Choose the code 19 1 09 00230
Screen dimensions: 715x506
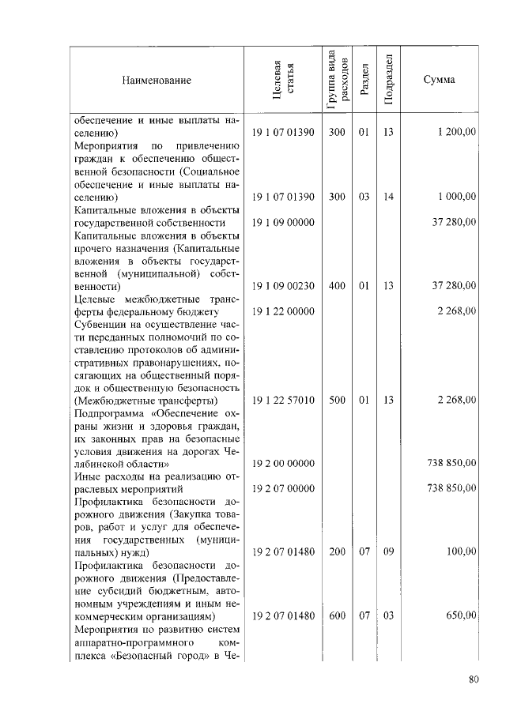(x=283, y=286)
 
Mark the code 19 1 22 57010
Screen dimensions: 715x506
(x=283, y=401)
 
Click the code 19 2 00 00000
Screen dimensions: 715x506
(x=283, y=463)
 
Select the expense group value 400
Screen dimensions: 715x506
(x=337, y=286)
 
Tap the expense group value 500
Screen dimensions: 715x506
(x=337, y=401)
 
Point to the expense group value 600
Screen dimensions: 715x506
(x=337, y=615)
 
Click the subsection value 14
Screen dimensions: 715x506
(x=388, y=197)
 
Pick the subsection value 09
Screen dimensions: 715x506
(x=388, y=551)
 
